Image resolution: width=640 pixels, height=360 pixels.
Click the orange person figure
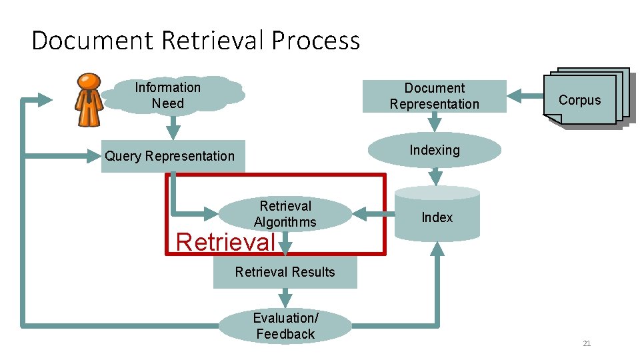point(89,99)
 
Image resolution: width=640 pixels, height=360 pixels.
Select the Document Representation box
point(435,96)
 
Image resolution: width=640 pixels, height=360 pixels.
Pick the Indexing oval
point(435,150)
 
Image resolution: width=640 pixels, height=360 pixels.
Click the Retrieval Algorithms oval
point(285,214)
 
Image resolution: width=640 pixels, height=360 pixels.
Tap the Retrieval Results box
point(285,272)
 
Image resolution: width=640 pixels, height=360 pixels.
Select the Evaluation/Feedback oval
point(285,326)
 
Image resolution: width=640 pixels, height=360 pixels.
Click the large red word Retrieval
point(225,241)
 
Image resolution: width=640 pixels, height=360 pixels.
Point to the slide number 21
point(587,343)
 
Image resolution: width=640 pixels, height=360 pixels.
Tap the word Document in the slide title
point(92,41)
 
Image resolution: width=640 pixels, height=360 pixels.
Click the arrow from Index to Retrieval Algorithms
point(373,213)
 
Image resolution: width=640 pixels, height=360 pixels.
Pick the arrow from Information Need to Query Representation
point(173,126)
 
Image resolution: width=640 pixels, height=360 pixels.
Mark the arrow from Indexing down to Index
point(435,177)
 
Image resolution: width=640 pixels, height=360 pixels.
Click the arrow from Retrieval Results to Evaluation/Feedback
point(285,298)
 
